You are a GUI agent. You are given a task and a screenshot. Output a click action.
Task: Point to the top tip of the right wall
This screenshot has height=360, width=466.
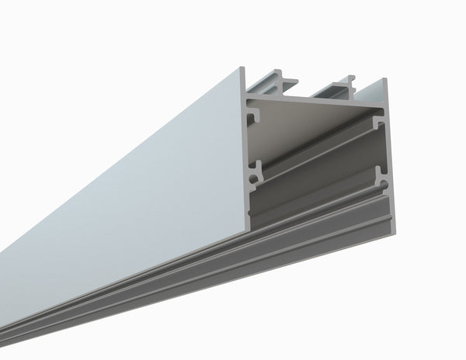pos(384,80)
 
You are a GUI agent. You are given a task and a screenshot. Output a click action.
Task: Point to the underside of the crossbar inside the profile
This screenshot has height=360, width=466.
pos(311,112)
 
